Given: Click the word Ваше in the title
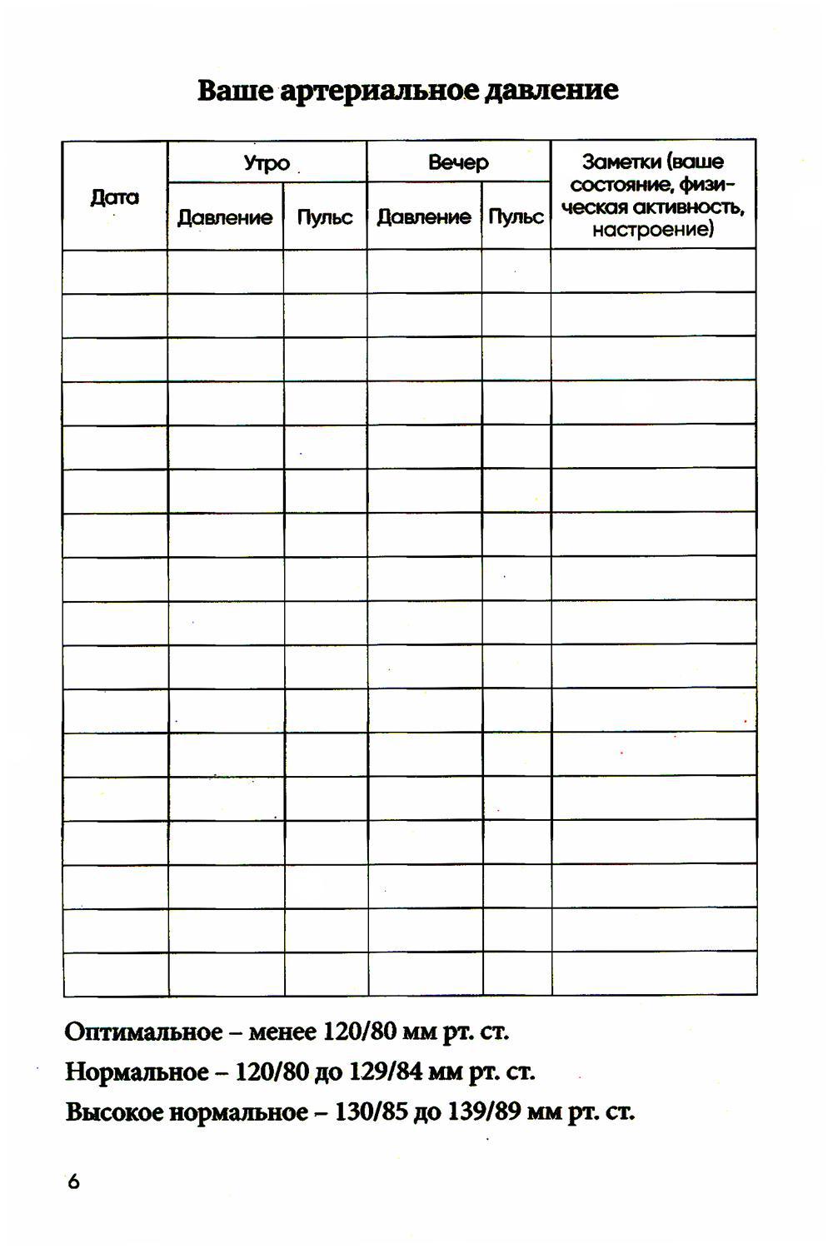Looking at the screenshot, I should pos(235,90).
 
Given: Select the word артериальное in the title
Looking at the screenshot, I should pos(379,91).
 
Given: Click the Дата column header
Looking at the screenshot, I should pos(115,197).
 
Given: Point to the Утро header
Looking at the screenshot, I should pos(267,162).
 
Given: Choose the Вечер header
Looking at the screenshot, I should pos(458,162).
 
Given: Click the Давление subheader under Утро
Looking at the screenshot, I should pos(225,217).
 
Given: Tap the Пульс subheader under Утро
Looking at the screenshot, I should pos(325,217).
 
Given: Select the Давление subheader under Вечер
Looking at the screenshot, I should pos(424,217).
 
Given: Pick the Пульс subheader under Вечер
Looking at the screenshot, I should pos(516,217).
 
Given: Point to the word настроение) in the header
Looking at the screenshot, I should pos(653,229).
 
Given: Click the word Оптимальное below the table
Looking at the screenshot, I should pos(144,1032).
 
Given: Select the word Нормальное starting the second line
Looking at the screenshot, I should pos(137,1071).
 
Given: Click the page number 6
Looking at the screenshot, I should pos(73,1181).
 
